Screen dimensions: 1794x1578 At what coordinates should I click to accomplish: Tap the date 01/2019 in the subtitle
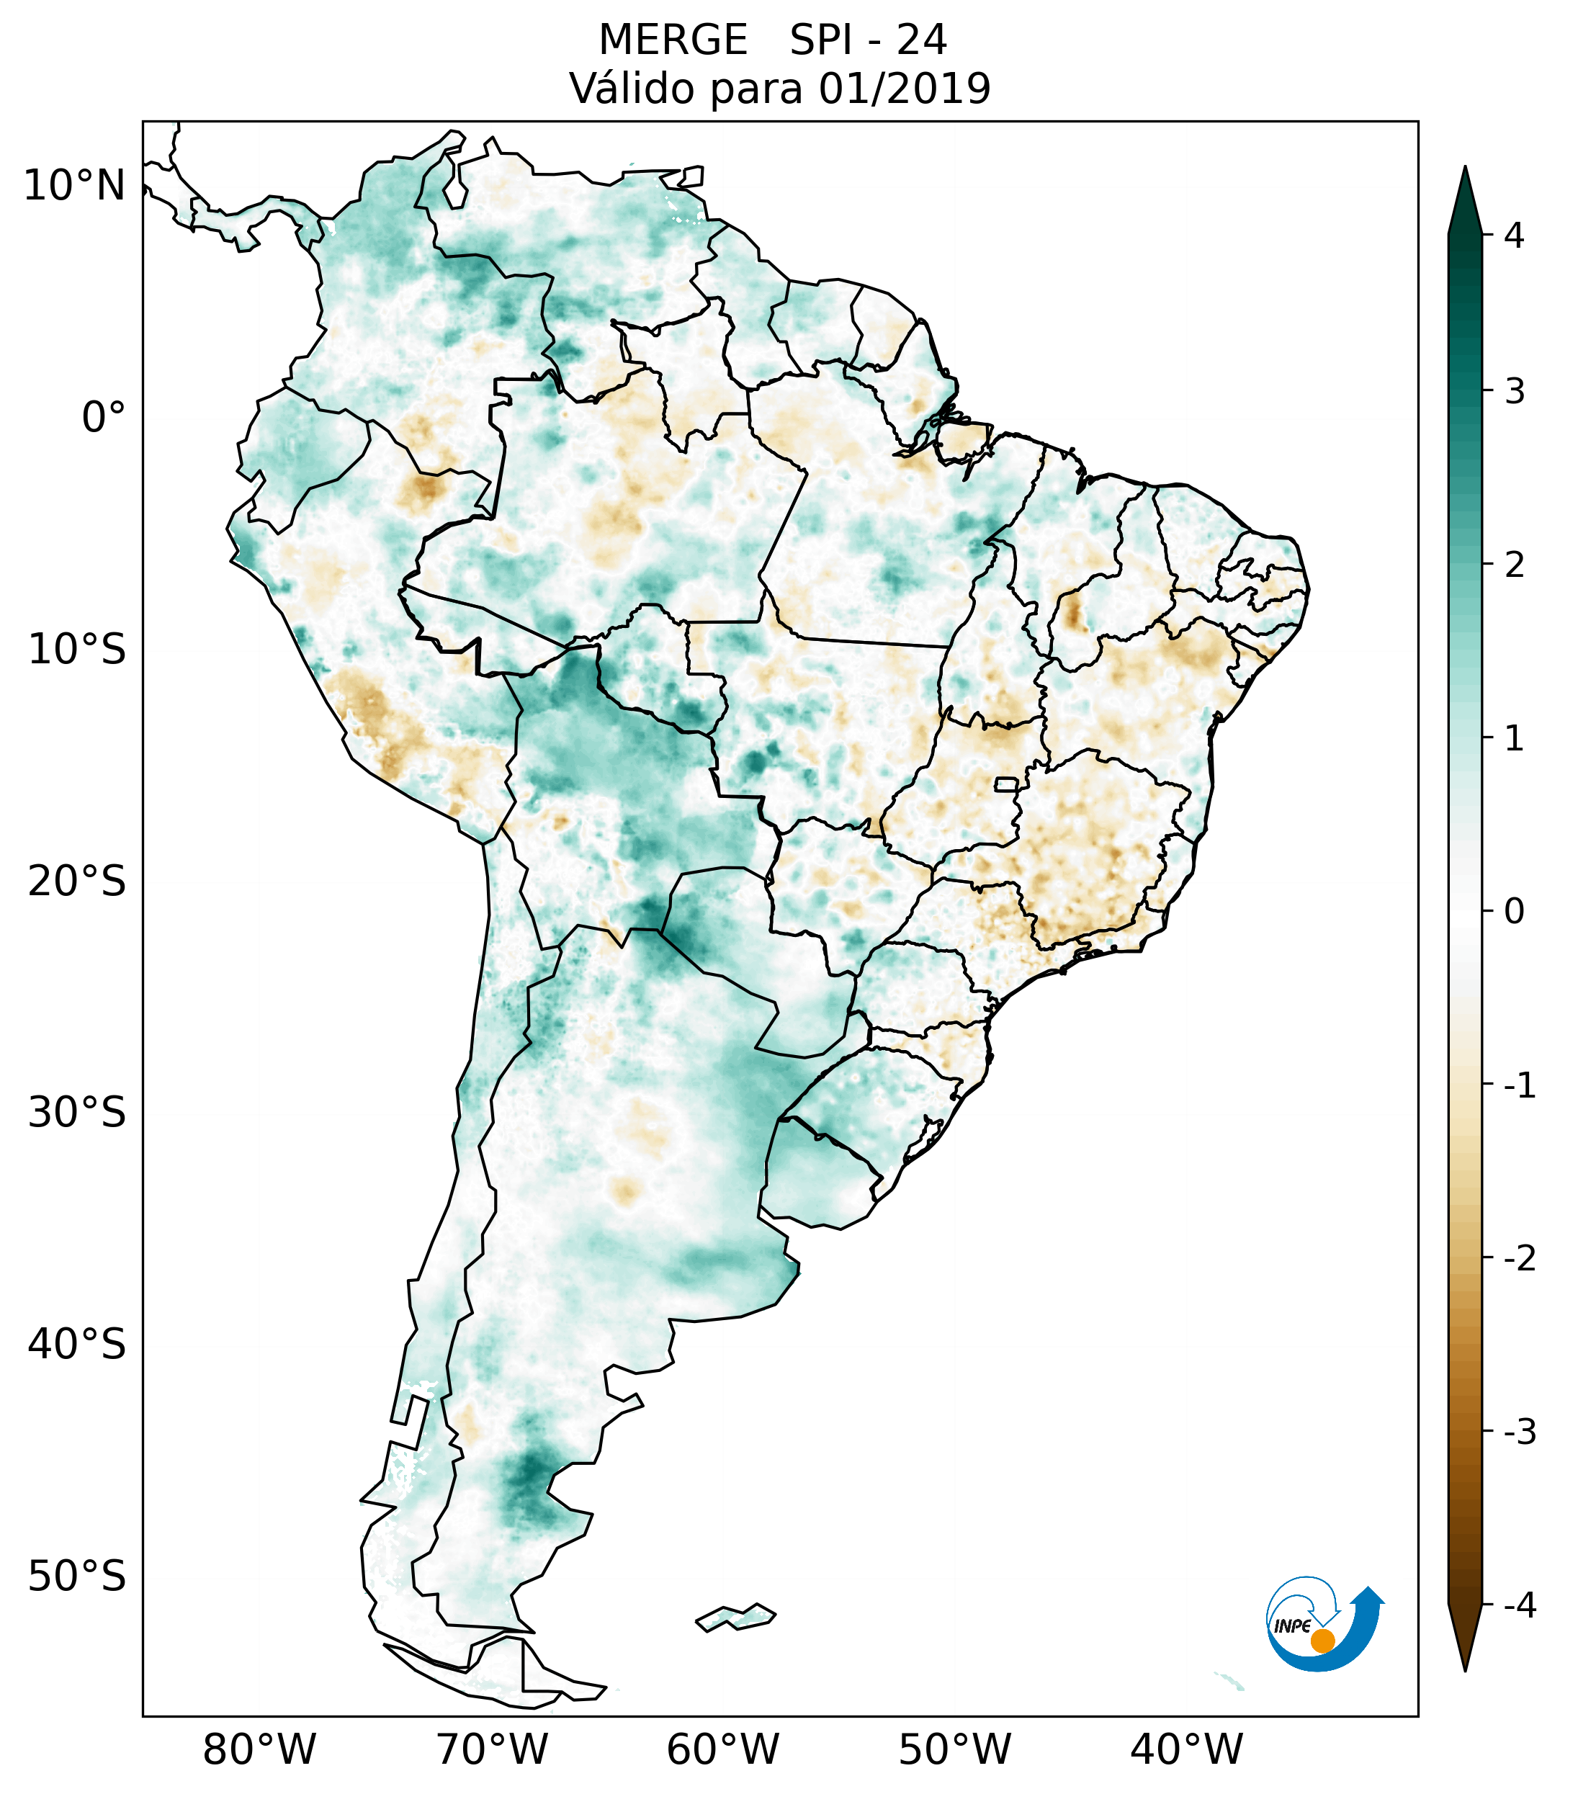[x=904, y=89]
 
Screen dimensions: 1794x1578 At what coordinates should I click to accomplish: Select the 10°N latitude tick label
[x=75, y=186]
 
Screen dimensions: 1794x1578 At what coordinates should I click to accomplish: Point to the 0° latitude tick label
[x=104, y=418]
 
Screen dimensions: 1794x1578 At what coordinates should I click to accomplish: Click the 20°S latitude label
[x=77, y=882]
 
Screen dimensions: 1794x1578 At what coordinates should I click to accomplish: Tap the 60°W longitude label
[x=722, y=1749]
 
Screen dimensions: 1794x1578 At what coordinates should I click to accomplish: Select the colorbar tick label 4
[x=1514, y=236]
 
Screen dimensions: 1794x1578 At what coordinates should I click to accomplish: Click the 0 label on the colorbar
[x=1514, y=912]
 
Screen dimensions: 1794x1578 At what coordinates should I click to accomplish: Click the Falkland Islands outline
[x=735, y=1617]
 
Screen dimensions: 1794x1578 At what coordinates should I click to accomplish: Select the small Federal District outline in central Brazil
[x=1007, y=783]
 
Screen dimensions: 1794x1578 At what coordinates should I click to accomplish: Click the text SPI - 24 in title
[x=868, y=40]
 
